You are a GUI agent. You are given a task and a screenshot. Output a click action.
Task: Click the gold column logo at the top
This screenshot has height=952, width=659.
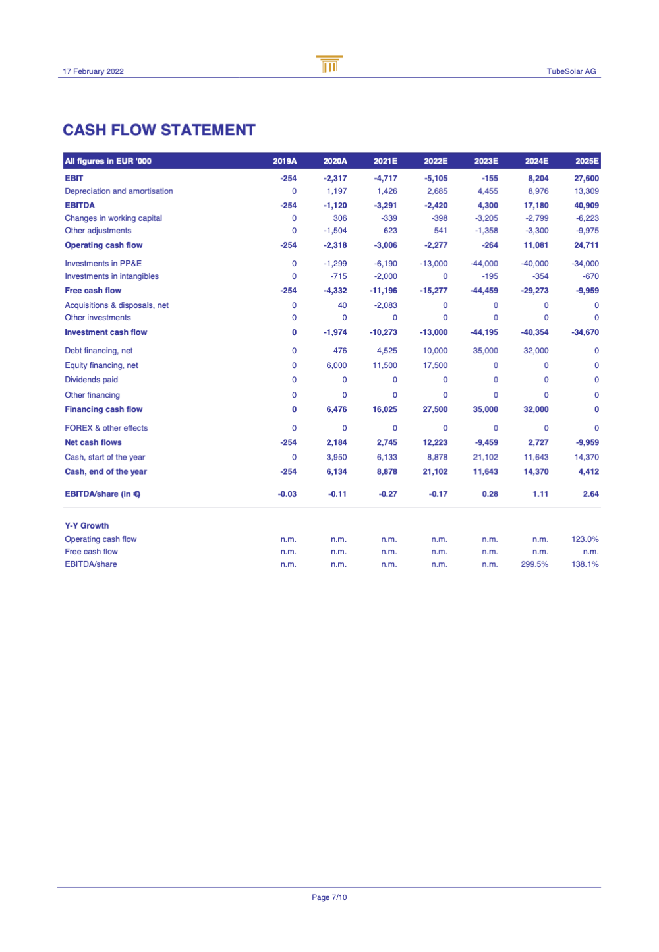click(329, 64)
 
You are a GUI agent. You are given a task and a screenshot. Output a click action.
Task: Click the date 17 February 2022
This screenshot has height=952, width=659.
click(93, 71)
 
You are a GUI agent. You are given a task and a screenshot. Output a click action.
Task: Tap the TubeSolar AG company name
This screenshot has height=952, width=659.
click(571, 71)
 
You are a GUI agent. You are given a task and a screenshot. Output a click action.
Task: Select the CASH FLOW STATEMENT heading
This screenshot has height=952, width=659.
click(159, 130)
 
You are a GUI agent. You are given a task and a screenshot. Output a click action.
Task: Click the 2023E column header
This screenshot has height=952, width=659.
click(486, 161)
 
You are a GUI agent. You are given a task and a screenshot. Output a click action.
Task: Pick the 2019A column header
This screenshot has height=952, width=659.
click(285, 161)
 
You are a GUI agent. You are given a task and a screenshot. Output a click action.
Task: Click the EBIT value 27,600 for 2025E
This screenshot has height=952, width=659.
click(586, 178)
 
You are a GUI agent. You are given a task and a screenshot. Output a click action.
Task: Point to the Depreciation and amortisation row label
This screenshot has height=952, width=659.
click(119, 191)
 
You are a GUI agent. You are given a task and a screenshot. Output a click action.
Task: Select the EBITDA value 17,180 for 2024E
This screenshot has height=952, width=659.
click(536, 206)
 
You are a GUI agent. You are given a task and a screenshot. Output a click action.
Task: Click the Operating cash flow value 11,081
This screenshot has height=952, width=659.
click(536, 245)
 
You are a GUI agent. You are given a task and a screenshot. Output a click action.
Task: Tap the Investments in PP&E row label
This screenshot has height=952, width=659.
click(103, 264)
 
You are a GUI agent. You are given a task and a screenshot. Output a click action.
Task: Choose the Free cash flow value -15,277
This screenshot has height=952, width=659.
click(435, 291)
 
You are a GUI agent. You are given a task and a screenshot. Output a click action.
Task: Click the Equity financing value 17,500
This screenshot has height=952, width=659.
click(435, 365)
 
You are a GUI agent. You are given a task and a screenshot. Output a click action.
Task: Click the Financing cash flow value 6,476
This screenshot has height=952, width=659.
click(336, 409)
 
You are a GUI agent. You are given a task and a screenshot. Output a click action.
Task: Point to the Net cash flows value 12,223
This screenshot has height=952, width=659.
click(435, 442)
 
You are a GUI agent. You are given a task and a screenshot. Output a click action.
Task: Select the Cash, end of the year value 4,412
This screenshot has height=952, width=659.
click(588, 471)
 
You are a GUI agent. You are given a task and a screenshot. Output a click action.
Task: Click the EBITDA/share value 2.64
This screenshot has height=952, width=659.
click(590, 494)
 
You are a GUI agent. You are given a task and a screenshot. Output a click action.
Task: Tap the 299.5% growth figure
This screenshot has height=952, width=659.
click(534, 564)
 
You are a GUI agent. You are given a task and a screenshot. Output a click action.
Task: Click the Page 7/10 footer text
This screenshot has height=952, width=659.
click(329, 897)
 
